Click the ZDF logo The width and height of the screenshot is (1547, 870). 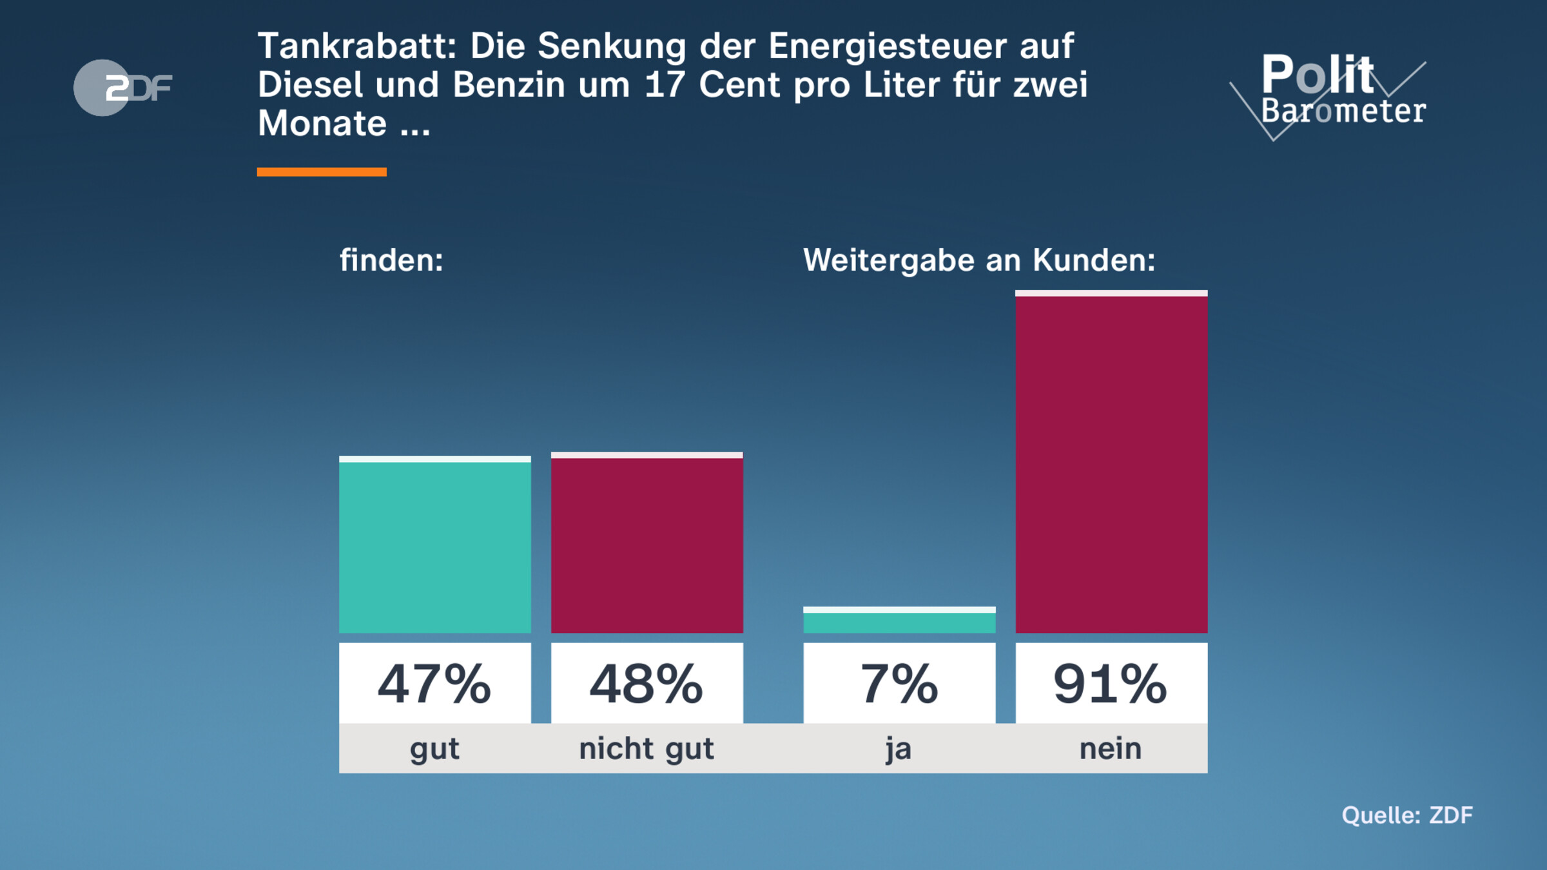pos(122,88)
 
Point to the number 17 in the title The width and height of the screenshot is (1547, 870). pos(664,85)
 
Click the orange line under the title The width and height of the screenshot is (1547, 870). pos(322,172)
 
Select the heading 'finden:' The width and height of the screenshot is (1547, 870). pos(391,260)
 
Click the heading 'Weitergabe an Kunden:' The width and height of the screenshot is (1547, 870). pos(979,260)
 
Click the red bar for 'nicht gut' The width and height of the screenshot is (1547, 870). pos(647,545)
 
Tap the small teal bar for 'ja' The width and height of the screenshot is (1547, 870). pos(899,622)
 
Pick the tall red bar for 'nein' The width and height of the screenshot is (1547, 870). pos(1111,464)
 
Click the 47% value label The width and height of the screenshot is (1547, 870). pos(435,684)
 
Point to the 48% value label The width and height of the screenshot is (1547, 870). pos(647,684)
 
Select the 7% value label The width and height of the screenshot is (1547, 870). pos(899,684)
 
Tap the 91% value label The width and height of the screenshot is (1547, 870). pos(1111,684)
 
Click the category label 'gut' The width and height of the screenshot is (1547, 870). pos(435,749)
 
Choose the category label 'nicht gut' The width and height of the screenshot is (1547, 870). pos(647,749)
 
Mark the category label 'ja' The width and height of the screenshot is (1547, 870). pos(899,749)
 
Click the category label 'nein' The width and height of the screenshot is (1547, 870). pos(1111,749)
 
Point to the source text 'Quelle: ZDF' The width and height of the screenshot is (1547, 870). pos(1407,815)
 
